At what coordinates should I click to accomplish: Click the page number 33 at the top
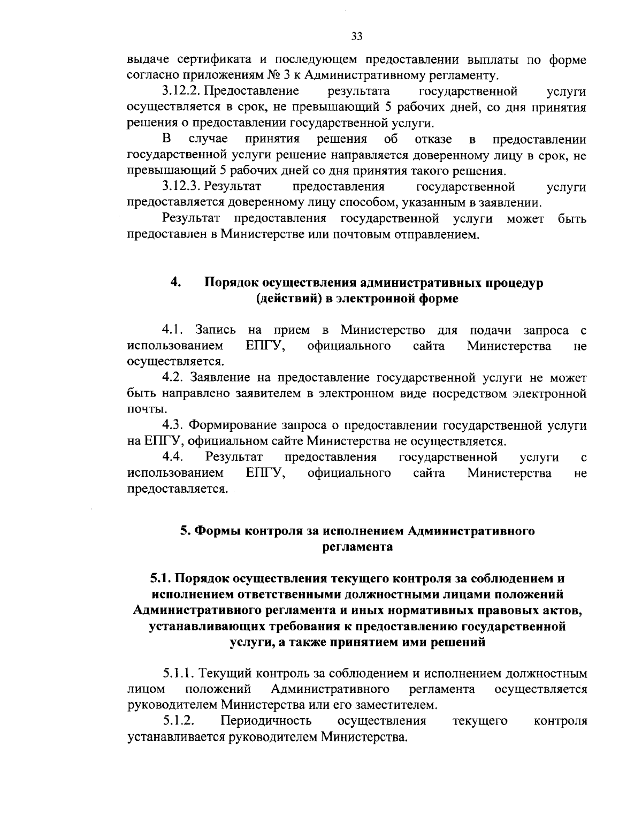coord(357,36)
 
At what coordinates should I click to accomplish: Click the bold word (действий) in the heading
coord(289,299)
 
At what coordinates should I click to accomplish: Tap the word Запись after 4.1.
coord(212,329)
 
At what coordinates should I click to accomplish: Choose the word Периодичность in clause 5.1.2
coord(266,721)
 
